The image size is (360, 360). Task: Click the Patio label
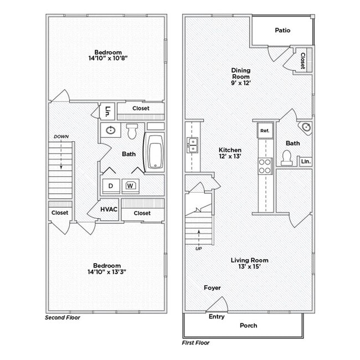point(282,30)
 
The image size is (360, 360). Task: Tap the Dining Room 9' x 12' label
point(241,76)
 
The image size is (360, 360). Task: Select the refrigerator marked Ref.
point(264,131)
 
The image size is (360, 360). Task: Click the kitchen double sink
point(193,146)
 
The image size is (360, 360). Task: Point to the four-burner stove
point(265,165)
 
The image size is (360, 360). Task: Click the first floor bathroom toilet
point(286,158)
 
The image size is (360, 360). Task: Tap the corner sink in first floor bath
point(305,128)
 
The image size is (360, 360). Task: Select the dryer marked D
point(111,186)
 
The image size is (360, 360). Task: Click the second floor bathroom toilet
point(132,131)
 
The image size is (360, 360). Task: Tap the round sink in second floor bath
point(111,131)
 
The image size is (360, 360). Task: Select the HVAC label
point(109,210)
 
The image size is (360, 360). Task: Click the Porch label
point(248,326)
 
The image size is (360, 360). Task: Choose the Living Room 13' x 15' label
point(250,263)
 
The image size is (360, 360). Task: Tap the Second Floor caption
point(62,318)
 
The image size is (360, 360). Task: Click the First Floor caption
point(196,343)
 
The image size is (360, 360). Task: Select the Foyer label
point(212,287)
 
